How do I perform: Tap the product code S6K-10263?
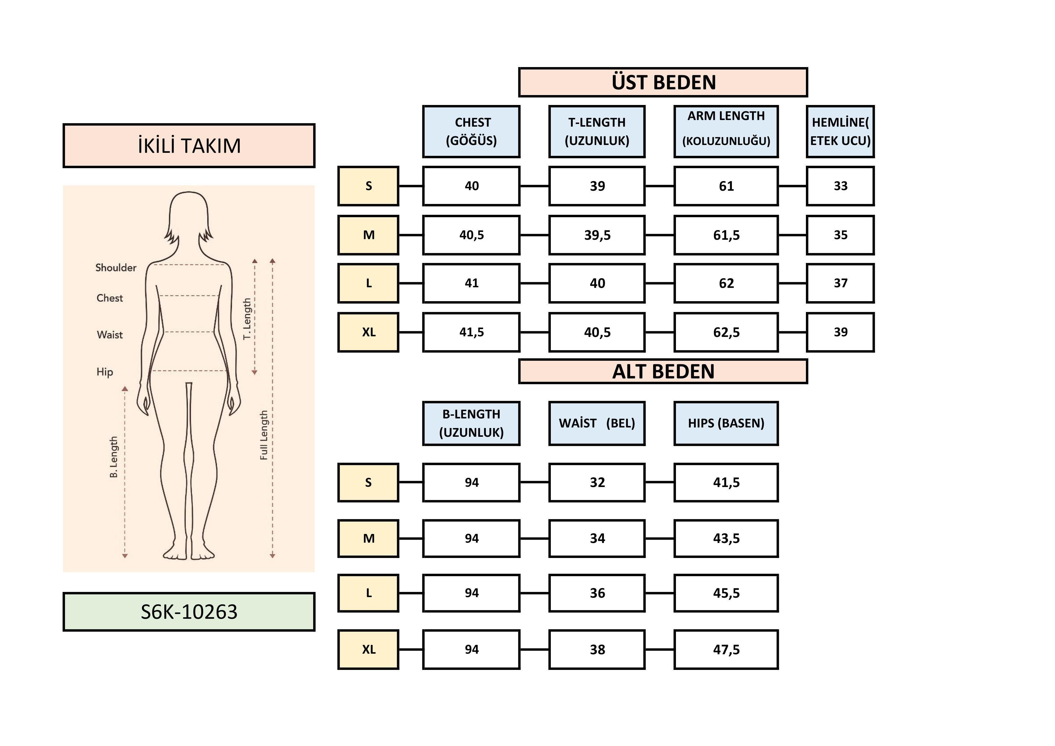189,612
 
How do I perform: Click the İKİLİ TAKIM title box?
189,146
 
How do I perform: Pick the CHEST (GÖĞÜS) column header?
471,131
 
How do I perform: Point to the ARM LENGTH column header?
726,131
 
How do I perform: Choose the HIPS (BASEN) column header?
726,423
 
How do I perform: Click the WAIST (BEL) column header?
597,423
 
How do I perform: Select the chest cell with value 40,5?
471,235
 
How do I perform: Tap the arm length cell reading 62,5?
726,332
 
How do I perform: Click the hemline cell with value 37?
841,283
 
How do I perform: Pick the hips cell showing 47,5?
726,649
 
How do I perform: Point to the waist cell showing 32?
597,482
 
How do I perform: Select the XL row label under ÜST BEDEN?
369,332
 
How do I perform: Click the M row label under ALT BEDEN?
369,538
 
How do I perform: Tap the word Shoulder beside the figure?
116,268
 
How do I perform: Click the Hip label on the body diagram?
105,371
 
